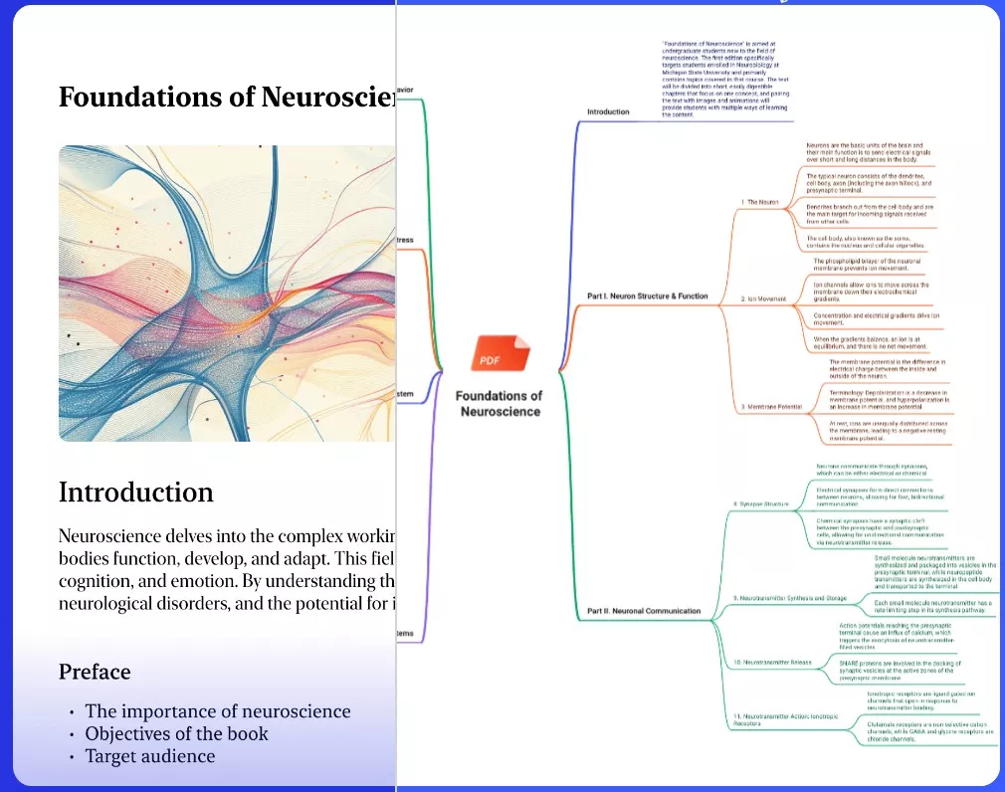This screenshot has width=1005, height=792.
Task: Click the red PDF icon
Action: [500, 356]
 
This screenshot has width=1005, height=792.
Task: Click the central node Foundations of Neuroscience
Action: [500, 403]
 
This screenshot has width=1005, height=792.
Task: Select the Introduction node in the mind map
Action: [608, 111]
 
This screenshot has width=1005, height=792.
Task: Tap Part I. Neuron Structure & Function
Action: [648, 296]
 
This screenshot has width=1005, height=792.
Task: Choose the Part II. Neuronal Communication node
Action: [644, 610]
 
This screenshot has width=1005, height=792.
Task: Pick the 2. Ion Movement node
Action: [764, 298]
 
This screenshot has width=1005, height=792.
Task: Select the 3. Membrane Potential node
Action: [771, 407]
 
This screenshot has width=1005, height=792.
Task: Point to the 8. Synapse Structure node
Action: [760, 503]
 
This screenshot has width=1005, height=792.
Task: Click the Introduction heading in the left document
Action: [135, 493]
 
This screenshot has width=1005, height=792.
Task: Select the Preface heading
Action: [95, 672]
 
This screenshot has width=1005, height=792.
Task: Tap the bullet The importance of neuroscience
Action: [218, 711]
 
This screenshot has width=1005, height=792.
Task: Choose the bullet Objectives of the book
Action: [176, 734]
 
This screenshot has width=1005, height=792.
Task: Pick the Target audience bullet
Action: [149, 756]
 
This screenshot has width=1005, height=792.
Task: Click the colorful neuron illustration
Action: [227, 294]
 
